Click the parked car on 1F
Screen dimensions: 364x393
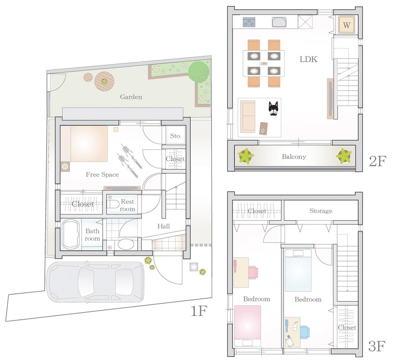(x=95, y=282)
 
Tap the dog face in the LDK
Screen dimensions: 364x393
(x=273, y=108)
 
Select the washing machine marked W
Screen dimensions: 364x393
(x=346, y=25)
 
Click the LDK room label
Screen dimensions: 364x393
(x=308, y=59)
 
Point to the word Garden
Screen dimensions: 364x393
(x=131, y=97)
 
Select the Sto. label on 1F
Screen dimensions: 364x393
(x=175, y=136)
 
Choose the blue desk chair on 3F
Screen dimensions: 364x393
(x=304, y=331)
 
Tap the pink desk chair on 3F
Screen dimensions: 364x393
(x=253, y=272)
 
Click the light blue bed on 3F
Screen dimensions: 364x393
(x=298, y=270)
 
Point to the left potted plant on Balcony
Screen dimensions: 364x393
(x=246, y=156)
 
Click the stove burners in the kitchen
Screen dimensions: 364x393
(x=249, y=22)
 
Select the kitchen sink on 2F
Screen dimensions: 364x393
(x=279, y=22)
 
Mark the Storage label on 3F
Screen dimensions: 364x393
(x=321, y=211)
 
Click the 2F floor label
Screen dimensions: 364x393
(x=377, y=161)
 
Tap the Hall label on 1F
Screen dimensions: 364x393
(x=163, y=226)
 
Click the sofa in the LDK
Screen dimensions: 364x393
(x=248, y=116)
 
